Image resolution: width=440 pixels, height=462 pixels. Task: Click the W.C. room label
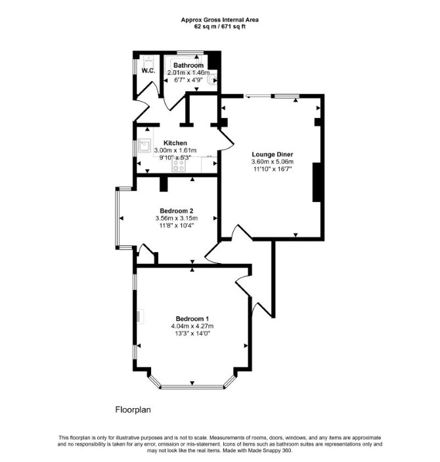[148, 71]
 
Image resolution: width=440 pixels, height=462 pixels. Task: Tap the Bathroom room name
[188, 66]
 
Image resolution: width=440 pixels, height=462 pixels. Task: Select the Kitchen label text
[175, 143]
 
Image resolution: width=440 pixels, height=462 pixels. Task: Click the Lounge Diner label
[272, 154]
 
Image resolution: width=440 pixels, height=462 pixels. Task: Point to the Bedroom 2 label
[177, 211]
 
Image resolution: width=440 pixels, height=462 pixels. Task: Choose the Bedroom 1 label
[192, 319]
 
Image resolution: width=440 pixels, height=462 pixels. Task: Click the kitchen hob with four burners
[179, 165]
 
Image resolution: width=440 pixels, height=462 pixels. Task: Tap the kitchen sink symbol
[144, 146]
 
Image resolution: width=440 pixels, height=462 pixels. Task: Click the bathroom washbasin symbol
[212, 79]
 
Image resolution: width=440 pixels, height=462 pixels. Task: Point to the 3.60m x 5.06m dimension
[272, 161]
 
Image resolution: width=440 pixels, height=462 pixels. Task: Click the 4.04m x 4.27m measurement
[192, 326]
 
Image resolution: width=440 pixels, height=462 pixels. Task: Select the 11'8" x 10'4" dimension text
[177, 226]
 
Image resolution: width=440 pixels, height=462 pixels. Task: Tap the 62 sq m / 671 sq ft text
[220, 26]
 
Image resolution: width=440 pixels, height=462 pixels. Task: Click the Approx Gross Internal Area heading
[220, 20]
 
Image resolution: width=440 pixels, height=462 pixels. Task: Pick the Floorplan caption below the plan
[133, 410]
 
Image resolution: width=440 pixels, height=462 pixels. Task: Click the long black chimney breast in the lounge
[317, 182]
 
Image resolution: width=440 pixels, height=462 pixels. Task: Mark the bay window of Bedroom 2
[118, 218]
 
